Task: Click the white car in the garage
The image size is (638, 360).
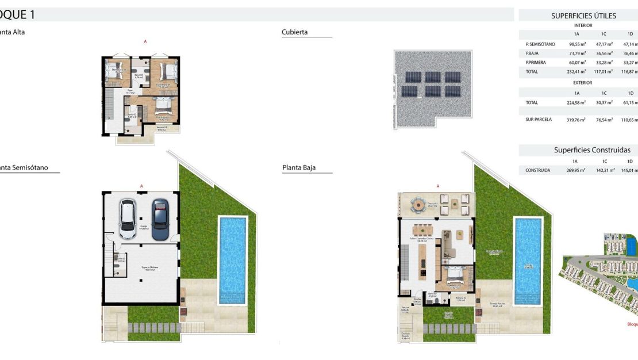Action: (x=128, y=219)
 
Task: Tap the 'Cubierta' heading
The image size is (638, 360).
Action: (x=295, y=32)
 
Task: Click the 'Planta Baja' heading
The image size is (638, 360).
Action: (x=299, y=168)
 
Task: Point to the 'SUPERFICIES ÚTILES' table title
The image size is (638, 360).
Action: (x=583, y=16)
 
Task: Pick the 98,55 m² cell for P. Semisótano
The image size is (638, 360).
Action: (x=577, y=44)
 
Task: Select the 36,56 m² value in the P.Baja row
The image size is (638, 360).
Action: (x=604, y=53)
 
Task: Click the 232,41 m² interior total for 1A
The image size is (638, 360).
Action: (x=577, y=71)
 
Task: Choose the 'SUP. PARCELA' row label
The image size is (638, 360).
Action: (x=539, y=120)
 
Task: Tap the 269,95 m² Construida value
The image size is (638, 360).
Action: (x=576, y=170)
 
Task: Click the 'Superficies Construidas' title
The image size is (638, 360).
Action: (x=592, y=150)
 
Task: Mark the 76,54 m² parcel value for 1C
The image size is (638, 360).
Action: (x=605, y=120)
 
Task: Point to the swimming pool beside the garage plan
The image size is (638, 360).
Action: (x=232, y=260)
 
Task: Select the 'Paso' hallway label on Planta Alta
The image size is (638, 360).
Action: (x=130, y=91)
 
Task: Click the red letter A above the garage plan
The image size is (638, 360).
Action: (x=141, y=186)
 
